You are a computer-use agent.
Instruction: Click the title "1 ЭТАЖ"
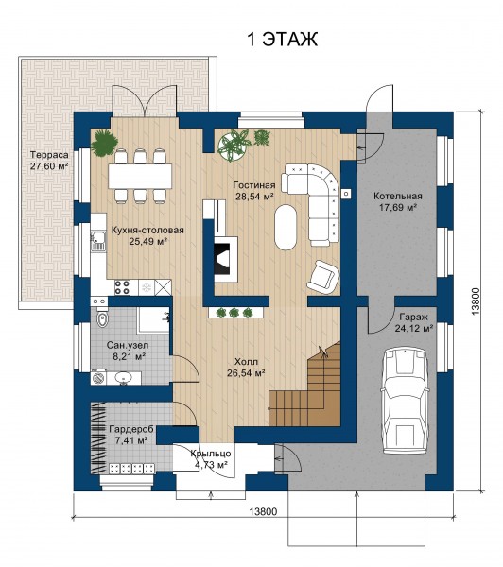point(282,40)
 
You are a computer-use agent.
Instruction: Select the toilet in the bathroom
point(102,318)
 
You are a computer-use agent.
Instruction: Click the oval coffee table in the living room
point(286,227)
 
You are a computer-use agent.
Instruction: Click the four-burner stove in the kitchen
point(122,287)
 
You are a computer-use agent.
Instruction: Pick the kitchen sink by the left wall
point(97,241)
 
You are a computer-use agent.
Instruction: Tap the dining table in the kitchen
point(141,176)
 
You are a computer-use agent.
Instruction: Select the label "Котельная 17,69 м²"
point(398,201)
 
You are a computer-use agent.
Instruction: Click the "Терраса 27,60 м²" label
point(49,161)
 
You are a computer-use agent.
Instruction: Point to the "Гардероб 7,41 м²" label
point(131,435)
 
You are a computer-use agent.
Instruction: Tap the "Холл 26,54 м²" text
point(246,368)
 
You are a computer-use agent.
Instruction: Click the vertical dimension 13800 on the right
point(476,301)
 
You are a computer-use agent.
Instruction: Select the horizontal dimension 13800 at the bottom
point(263,511)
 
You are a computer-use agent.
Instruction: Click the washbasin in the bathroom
point(124,377)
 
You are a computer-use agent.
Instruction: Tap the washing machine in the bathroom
point(98,377)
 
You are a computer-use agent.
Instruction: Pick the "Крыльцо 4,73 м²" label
point(211,459)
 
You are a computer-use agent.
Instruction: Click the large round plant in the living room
point(234,145)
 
